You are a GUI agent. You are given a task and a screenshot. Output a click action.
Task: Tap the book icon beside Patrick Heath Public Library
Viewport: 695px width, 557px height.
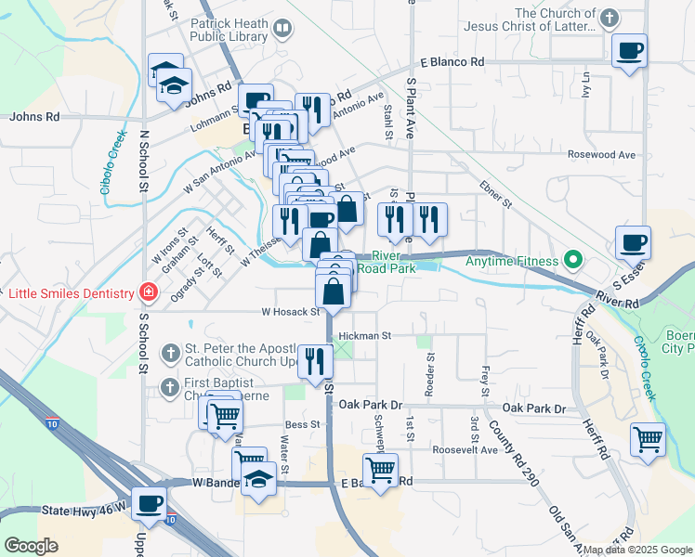click(x=282, y=31)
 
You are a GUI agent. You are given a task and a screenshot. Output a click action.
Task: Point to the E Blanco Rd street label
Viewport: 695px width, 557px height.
click(x=452, y=62)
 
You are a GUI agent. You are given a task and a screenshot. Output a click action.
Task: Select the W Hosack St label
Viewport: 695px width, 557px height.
click(x=290, y=312)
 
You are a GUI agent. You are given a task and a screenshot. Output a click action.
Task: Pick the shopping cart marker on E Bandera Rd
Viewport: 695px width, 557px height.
click(x=379, y=471)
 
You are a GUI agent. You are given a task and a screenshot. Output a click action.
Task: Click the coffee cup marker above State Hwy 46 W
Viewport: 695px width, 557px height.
click(x=150, y=504)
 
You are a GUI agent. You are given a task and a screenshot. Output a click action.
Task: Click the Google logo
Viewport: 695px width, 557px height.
click(x=31, y=546)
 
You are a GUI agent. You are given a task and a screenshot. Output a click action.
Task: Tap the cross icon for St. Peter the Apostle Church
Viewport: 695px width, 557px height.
click(x=170, y=353)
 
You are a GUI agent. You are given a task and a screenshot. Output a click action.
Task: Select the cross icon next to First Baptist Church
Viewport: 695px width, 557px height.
click(x=170, y=386)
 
